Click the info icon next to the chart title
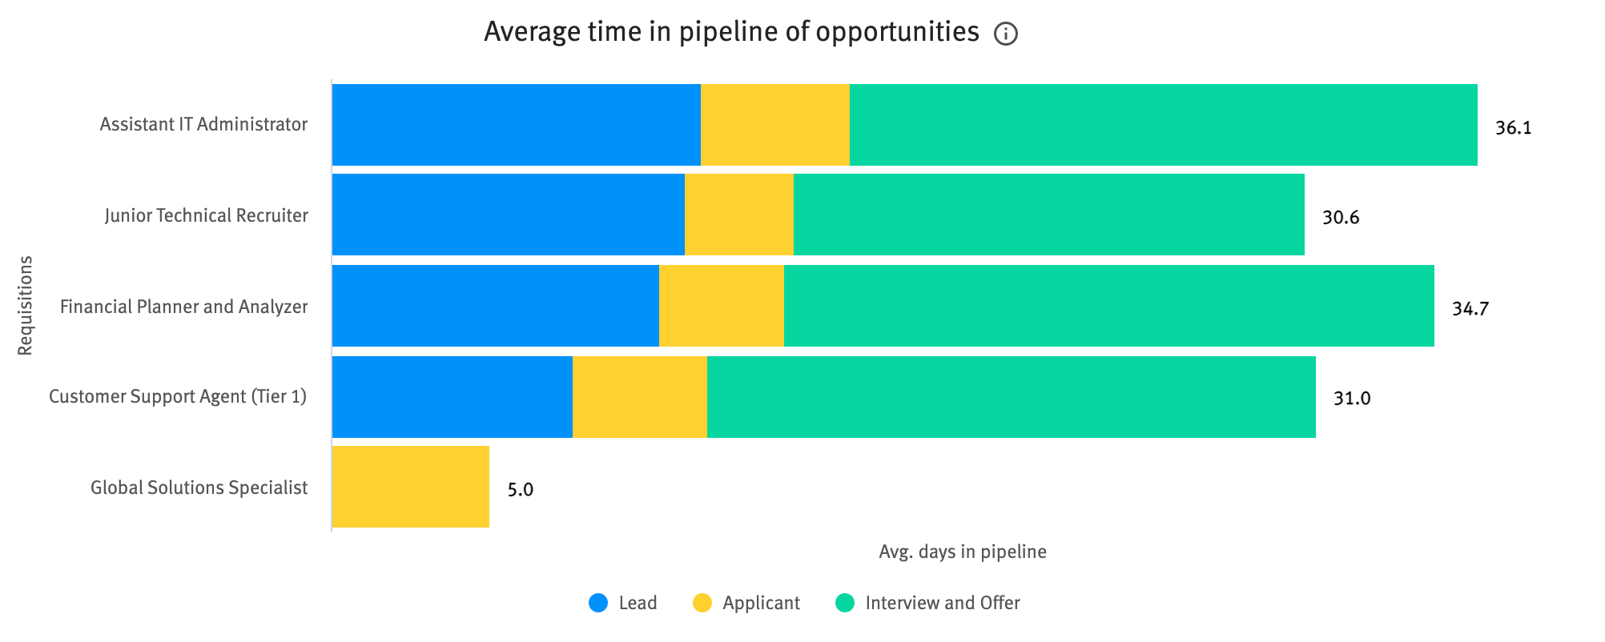[x=1005, y=34]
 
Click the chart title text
[x=730, y=32]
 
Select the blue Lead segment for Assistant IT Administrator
[x=516, y=125]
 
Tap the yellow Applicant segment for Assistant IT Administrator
[x=774, y=125]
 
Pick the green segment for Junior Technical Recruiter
[x=1048, y=215]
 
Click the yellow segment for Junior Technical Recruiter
[x=738, y=215]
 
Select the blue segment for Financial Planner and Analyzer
[x=495, y=306]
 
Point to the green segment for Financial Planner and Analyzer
[x=1108, y=306]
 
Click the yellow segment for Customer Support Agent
[x=639, y=397]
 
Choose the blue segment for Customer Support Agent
[x=452, y=397]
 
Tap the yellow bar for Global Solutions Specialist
[x=410, y=487]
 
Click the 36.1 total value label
[x=1513, y=128]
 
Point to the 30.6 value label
[x=1340, y=218]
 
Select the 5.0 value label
[x=520, y=490]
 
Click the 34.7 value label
[x=1470, y=309]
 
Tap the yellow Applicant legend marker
[x=702, y=603]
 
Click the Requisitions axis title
[x=26, y=305]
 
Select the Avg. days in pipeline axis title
[x=962, y=552]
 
